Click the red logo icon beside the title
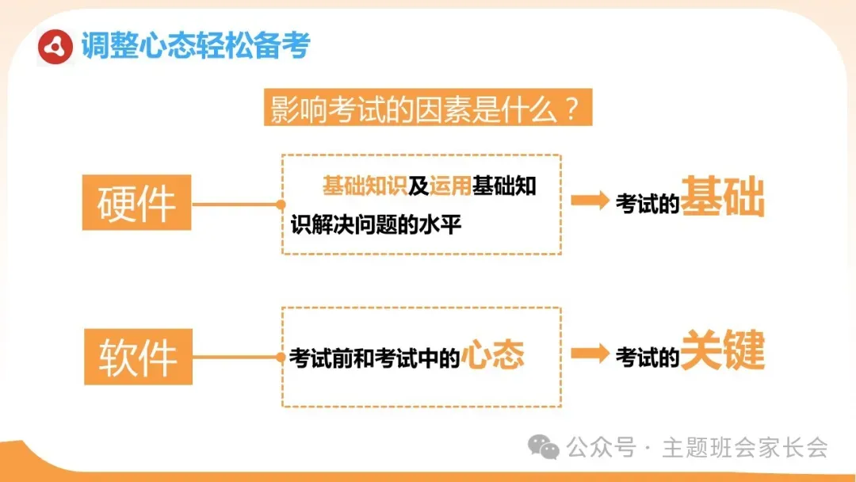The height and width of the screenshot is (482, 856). click(55, 47)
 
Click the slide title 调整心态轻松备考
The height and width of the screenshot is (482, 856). click(195, 46)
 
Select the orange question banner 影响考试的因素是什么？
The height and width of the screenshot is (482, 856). click(427, 109)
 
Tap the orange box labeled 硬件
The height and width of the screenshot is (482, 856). click(136, 202)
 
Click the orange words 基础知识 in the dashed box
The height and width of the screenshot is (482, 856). click(365, 187)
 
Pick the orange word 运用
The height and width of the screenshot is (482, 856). click(450, 187)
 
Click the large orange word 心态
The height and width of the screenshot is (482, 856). click(492, 356)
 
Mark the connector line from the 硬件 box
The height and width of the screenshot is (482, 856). click(236, 204)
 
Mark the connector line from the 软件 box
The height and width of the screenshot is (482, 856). click(236, 357)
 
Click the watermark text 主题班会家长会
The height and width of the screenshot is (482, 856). click(745, 448)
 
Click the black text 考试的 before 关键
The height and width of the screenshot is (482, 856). click(648, 358)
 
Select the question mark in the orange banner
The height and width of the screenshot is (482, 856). click(572, 109)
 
